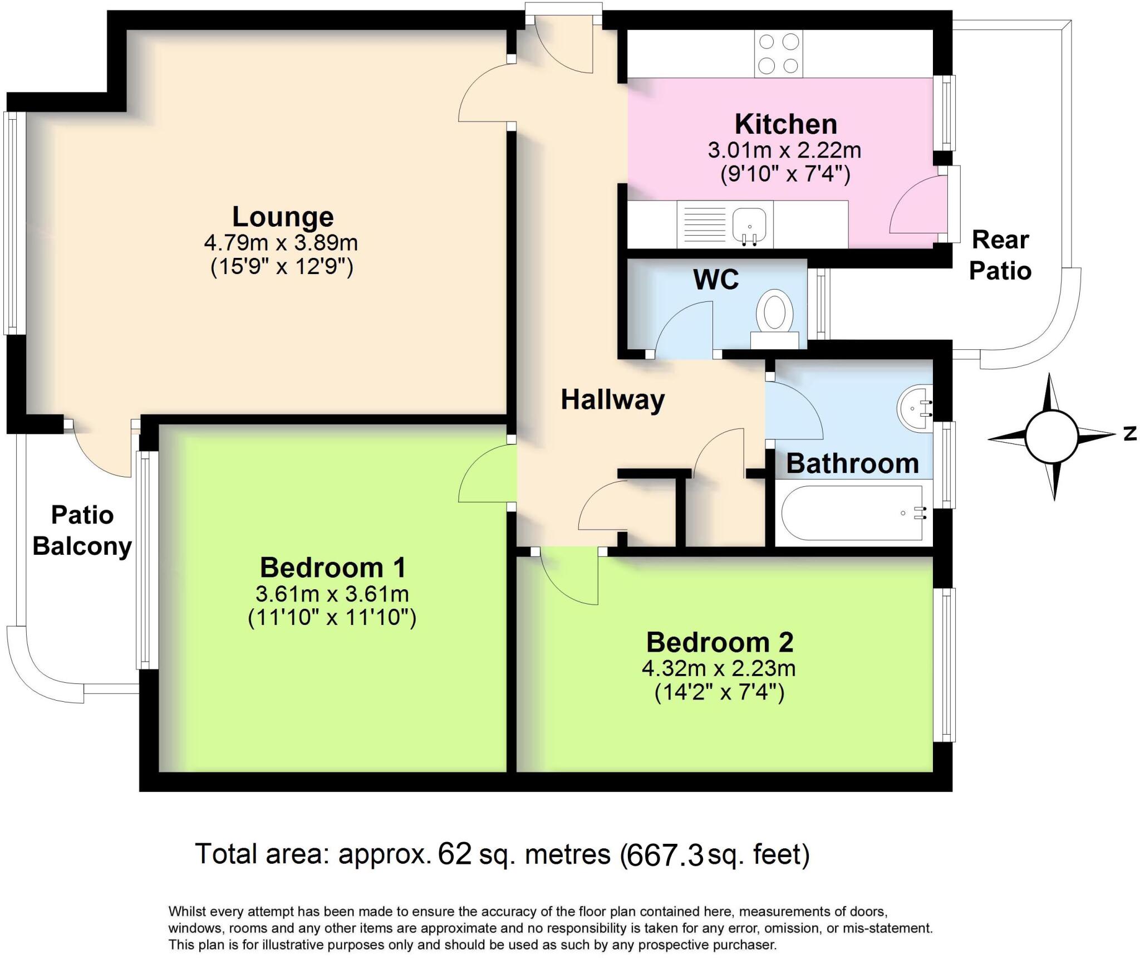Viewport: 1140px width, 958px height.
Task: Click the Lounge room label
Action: coord(283,217)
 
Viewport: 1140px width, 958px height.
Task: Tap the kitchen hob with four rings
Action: coord(778,54)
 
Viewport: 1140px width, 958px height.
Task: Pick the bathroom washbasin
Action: coord(913,408)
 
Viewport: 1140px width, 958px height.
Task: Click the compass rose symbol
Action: coord(1051,437)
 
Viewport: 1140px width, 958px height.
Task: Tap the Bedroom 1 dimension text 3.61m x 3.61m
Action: coord(332,594)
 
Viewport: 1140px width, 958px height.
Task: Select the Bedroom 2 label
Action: coord(719,642)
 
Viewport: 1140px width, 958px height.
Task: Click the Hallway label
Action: coord(612,399)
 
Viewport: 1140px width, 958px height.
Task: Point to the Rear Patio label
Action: coord(1000,255)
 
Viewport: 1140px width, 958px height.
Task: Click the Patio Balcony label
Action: coord(82,530)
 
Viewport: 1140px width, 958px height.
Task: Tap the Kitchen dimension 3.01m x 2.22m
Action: coord(784,150)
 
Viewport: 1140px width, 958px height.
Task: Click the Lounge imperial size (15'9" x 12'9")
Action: coord(282,267)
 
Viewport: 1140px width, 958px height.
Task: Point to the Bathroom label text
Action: coord(852,463)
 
